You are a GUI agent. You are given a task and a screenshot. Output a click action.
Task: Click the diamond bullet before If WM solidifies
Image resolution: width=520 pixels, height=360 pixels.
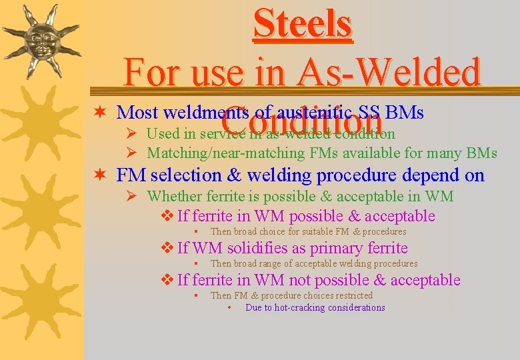[167, 248]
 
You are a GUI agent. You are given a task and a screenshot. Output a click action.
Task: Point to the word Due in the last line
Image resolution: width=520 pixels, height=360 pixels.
[254, 307]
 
